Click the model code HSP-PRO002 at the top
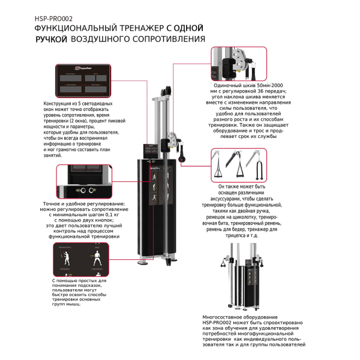coord(53,18)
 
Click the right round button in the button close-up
coord(92,190)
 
